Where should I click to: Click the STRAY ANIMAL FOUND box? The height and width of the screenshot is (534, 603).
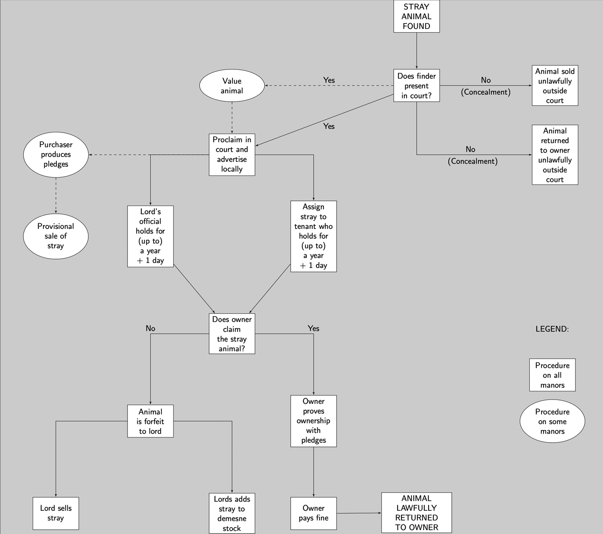click(x=417, y=16)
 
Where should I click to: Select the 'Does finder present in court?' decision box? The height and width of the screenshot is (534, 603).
click(x=417, y=86)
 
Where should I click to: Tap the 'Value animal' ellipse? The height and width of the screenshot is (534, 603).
click(x=232, y=86)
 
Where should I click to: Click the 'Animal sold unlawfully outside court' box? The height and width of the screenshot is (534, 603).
click(x=555, y=86)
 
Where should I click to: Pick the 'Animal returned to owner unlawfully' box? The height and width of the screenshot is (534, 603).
click(x=555, y=155)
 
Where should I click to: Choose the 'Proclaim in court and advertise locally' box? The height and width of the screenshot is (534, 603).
click(x=232, y=154)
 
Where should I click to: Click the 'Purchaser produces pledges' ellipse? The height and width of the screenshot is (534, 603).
click(x=56, y=154)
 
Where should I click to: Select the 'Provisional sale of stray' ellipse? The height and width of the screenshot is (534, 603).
click(x=56, y=236)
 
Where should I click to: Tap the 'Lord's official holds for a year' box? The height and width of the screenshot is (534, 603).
click(x=150, y=236)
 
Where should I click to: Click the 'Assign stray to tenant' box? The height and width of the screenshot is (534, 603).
click(x=314, y=236)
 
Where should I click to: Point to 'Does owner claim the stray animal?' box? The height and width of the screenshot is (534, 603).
click(x=232, y=334)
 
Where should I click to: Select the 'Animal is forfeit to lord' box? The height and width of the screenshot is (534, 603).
click(x=150, y=421)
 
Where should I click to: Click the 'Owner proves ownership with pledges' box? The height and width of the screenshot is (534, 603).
click(x=314, y=421)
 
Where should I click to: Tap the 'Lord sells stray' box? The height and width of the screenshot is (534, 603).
click(x=56, y=513)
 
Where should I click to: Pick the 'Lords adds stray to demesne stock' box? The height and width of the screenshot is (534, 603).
click(x=232, y=513)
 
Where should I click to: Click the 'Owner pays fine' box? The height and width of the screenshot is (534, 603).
click(x=314, y=513)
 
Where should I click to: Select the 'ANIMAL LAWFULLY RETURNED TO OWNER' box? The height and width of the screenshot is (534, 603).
click(x=417, y=513)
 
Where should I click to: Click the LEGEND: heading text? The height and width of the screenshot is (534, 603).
click(x=552, y=329)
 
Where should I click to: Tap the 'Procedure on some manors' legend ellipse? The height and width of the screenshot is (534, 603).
click(x=552, y=422)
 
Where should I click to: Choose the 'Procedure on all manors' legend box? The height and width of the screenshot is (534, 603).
click(x=552, y=375)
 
